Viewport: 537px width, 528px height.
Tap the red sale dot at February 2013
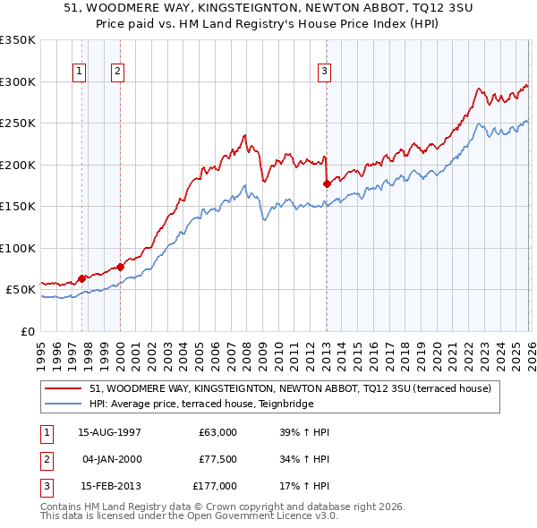tap(327, 183)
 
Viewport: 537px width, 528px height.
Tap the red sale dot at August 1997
tap(81, 278)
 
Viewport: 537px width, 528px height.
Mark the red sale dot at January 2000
tap(120, 267)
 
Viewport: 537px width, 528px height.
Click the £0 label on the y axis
tap(26, 331)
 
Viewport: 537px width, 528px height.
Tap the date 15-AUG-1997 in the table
tap(109, 432)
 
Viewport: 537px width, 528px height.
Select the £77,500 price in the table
tap(218, 459)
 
